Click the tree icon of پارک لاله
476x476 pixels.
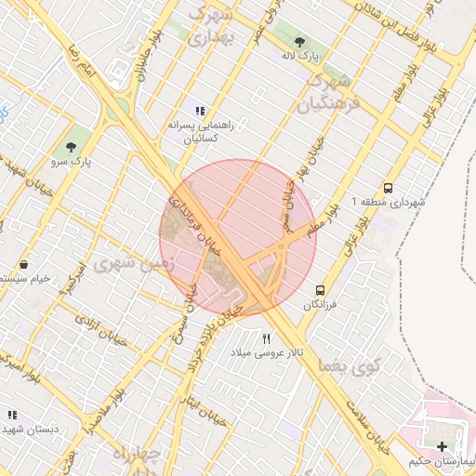(299, 42)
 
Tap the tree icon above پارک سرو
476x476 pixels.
(71, 147)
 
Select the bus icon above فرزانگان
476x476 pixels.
(321, 290)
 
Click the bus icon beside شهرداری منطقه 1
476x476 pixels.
(388, 187)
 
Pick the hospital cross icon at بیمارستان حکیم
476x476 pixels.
(442, 448)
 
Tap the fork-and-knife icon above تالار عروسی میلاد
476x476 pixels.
(268, 339)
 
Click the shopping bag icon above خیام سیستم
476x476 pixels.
(23, 265)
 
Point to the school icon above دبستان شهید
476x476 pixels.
(12, 416)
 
